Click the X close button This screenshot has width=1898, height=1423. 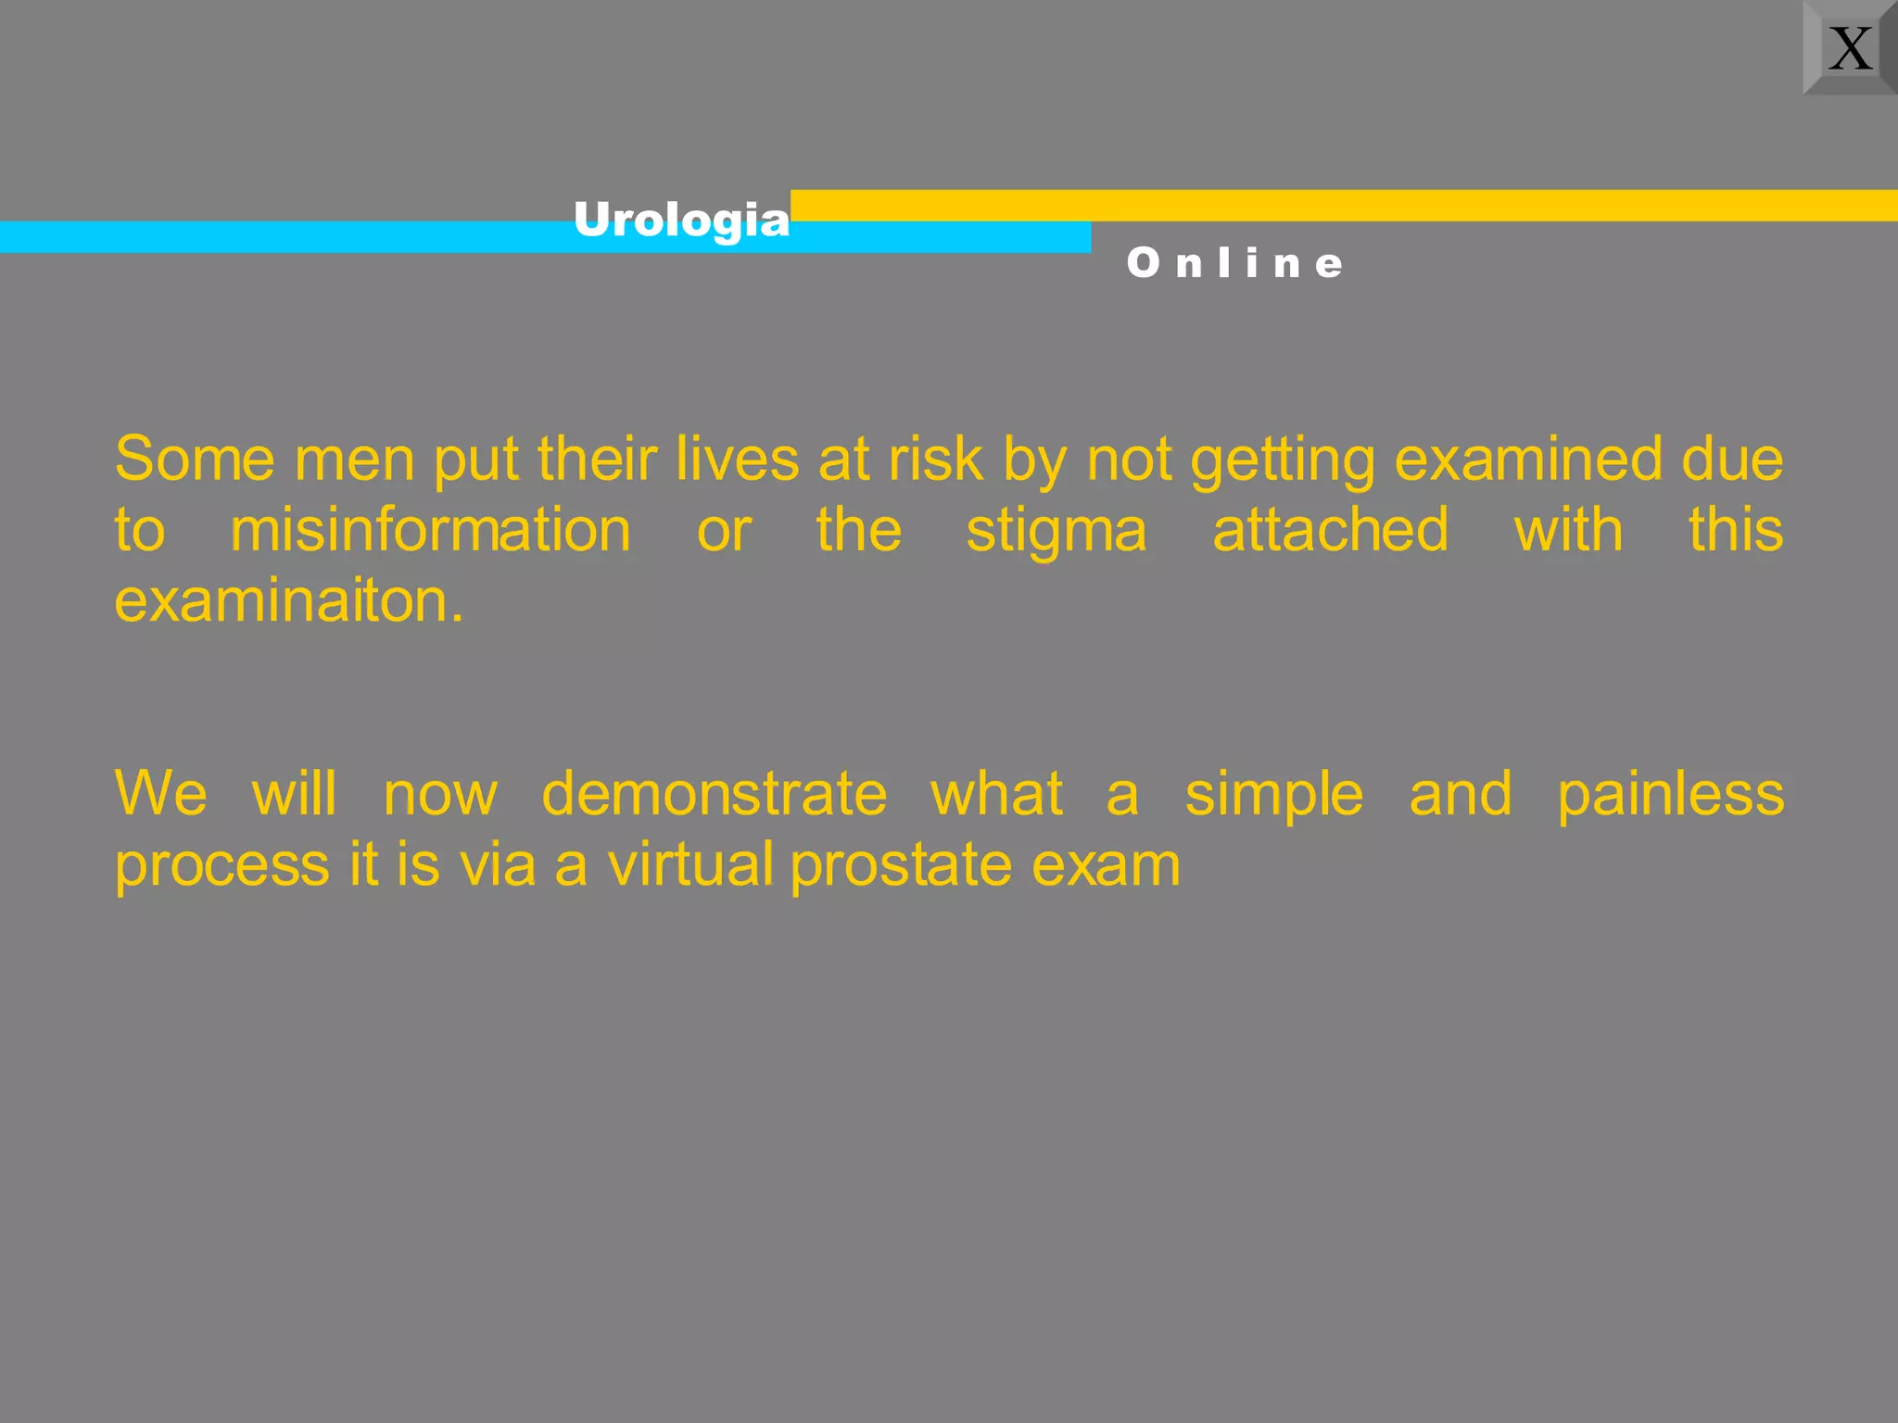pyautogui.click(x=1850, y=47)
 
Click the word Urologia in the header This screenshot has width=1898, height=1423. pyautogui.click(x=681, y=220)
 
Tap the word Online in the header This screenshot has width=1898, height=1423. pyautogui.click(x=1234, y=263)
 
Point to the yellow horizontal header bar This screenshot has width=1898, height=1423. pyautogui.click(x=1344, y=205)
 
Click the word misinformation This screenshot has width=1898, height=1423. pyautogui.click(x=430, y=531)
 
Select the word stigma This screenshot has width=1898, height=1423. pyautogui.click(x=1057, y=531)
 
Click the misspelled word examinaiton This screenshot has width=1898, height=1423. pyautogui.click(x=288, y=601)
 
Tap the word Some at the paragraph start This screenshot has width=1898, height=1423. pyautogui.click(x=195, y=460)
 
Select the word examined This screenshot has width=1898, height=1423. pyautogui.click(x=1528, y=460)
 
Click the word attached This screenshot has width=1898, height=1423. pyautogui.click(x=1330, y=531)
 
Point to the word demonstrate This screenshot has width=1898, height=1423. pyautogui.click(x=714, y=795)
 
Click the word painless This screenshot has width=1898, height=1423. pyautogui.click(x=1670, y=795)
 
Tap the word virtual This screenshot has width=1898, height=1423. pyautogui.click(x=690, y=865)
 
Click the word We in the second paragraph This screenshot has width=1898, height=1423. pyautogui.click(x=160, y=795)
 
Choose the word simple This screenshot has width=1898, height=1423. pyautogui.click(x=1273, y=795)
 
